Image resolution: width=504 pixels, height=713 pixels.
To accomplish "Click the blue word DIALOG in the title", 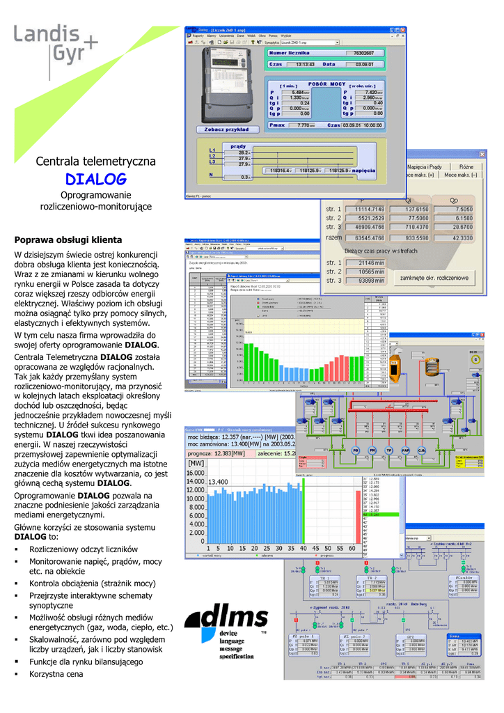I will click(x=95, y=179).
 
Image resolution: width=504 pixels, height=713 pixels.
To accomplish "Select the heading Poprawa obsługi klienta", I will click(x=68, y=240).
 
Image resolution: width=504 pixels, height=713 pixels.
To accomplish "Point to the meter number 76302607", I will click(x=363, y=52).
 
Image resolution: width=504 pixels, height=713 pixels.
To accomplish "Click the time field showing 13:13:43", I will click(x=301, y=64).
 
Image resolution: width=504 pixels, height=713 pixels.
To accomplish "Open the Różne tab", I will click(x=466, y=167).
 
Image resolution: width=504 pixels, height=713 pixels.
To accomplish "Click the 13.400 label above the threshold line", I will click(x=219, y=482).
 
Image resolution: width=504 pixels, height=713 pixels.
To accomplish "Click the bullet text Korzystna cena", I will click(x=56, y=674).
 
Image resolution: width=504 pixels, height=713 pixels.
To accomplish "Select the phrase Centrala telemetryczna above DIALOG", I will click(x=95, y=162).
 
